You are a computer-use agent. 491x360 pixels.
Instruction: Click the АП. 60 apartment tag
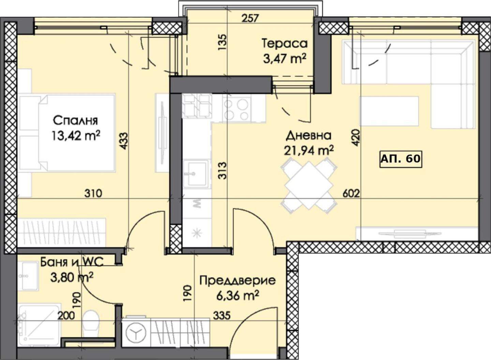[x=400, y=159]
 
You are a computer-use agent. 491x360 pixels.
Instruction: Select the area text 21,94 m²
[x=309, y=150]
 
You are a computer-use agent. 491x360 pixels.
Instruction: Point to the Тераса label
[x=285, y=43]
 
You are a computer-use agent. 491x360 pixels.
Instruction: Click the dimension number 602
[x=351, y=193]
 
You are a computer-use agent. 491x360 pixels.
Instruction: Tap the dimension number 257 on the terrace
[x=251, y=18]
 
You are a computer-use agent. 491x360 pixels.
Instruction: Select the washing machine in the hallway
[x=136, y=332]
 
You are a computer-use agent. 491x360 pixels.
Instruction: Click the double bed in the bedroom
[x=67, y=133]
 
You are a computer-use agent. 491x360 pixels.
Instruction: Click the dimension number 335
[x=222, y=316]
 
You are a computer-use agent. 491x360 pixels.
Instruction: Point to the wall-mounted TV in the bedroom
[x=162, y=133]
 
